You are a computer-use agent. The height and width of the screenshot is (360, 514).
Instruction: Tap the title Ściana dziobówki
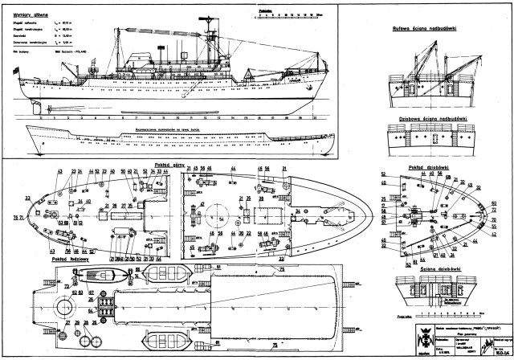pyautogui.click(x=426, y=269)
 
